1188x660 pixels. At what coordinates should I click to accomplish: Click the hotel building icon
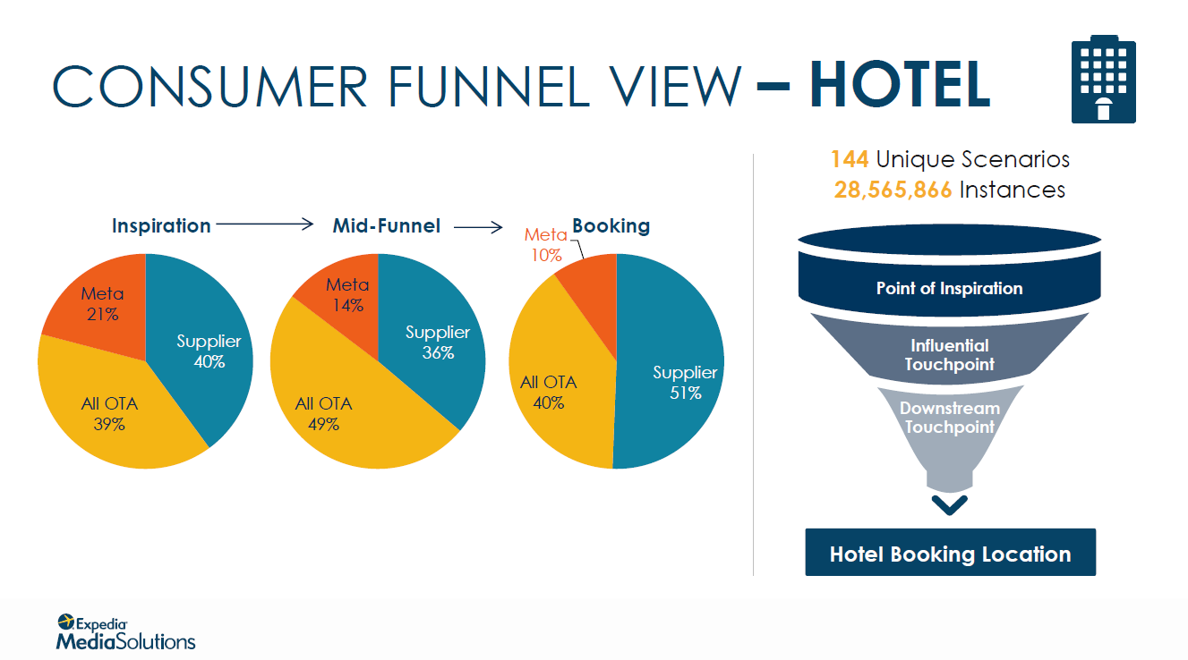tap(1103, 80)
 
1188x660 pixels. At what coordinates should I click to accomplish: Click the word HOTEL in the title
tap(900, 85)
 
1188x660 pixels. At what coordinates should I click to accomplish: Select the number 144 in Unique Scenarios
tap(850, 159)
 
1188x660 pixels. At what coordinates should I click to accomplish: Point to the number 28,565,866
tap(893, 190)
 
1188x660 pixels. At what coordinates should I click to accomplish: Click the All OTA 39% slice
tap(111, 413)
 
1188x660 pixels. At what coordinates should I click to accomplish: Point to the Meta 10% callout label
tap(546, 245)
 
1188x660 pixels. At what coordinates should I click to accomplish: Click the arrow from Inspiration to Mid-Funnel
tap(265, 224)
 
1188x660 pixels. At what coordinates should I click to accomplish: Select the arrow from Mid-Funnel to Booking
tap(478, 227)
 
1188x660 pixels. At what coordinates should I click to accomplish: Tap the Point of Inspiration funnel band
tap(949, 286)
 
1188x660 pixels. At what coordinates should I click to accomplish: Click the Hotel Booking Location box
tap(951, 553)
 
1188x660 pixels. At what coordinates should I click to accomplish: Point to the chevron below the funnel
tap(949, 504)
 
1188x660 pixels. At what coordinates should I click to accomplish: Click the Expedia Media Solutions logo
tap(125, 632)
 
